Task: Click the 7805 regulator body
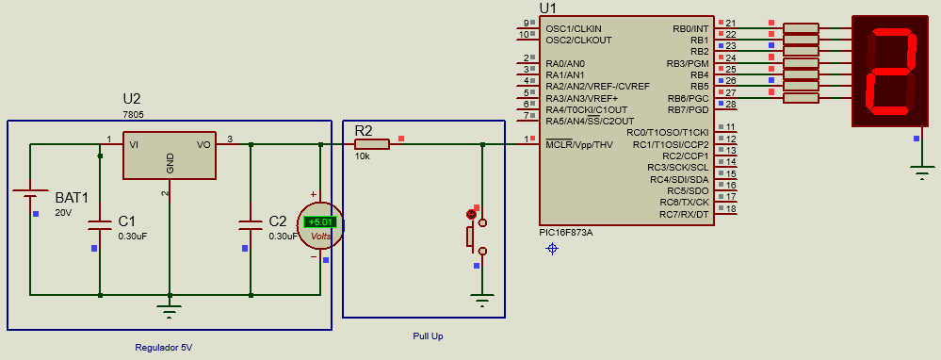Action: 170,155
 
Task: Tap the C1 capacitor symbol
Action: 100,224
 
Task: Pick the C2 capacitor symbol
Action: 251,224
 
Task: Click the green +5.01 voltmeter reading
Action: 321,222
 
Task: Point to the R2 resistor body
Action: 372,144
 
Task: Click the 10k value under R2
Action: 363,156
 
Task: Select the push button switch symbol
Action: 476,236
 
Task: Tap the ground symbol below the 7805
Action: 170,311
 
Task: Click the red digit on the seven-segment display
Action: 893,72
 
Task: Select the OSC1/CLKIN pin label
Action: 574,28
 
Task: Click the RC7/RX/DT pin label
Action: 684,214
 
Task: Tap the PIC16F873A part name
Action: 566,232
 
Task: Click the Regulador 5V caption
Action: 164,348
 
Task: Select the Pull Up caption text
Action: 428,336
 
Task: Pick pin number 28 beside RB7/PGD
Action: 731,104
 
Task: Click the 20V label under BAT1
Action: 63,212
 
